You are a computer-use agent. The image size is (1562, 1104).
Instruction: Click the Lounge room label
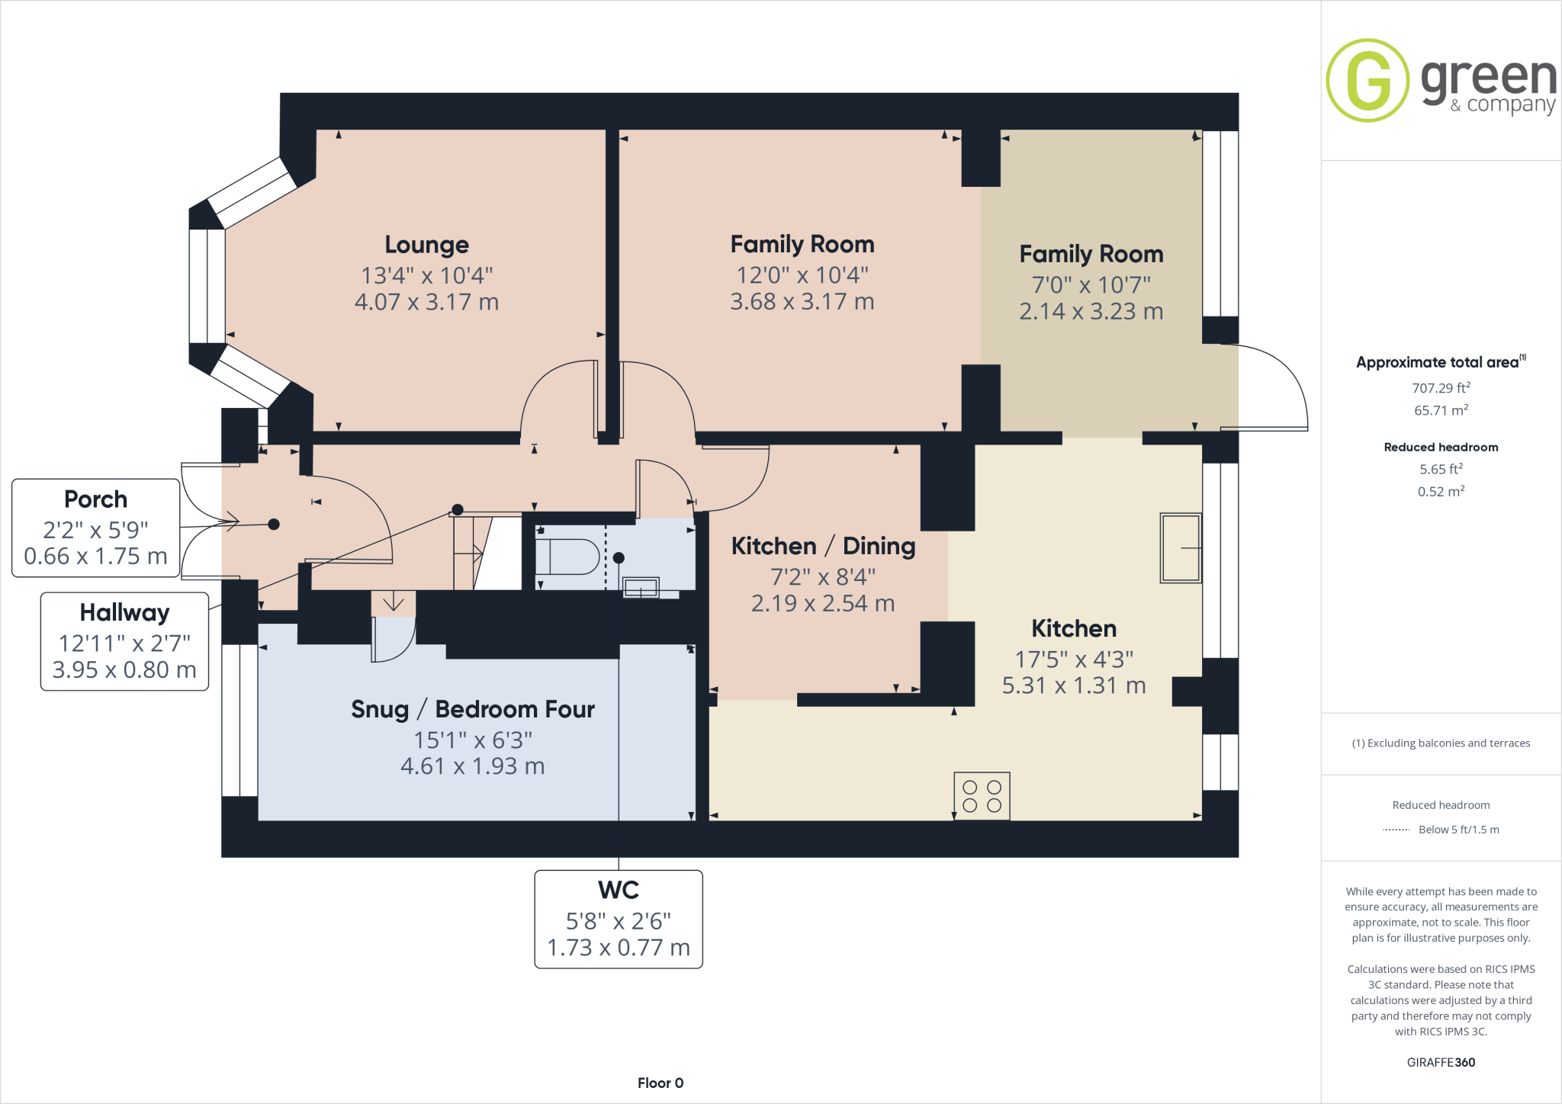(426, 245)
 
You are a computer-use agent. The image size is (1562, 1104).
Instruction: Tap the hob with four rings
(982, 797)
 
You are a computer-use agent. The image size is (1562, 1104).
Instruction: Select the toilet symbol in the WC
(568, 557)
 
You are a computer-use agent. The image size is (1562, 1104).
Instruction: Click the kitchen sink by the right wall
(1180, 548)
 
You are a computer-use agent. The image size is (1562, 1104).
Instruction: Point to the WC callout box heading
(619, 890)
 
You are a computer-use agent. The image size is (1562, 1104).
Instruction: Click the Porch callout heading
(95, 499)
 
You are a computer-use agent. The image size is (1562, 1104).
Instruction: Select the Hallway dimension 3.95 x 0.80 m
(124, 670)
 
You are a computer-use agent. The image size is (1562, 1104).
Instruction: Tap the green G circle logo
(1368, 80)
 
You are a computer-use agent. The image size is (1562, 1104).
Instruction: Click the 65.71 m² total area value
(1441, 410)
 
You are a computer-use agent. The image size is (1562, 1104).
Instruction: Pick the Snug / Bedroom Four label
(472, 710)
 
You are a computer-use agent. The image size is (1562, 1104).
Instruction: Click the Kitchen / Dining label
(823, 547)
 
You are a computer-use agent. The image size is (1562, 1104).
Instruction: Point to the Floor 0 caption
(660, 1083)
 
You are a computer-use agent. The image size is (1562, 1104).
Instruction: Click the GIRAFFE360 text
(1441, 1062)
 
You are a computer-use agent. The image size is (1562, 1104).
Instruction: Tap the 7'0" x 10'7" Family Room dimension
(1091, 285)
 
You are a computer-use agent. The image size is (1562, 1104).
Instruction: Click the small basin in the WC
(641, 588)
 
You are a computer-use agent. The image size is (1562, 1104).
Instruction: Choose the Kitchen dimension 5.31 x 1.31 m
(1073, 686)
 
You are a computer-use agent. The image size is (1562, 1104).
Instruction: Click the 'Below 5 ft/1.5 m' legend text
(1458, 830)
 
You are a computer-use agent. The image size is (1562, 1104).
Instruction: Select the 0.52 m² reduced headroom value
(1441, 492)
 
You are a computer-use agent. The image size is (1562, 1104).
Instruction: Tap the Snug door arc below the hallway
(396, 640)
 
